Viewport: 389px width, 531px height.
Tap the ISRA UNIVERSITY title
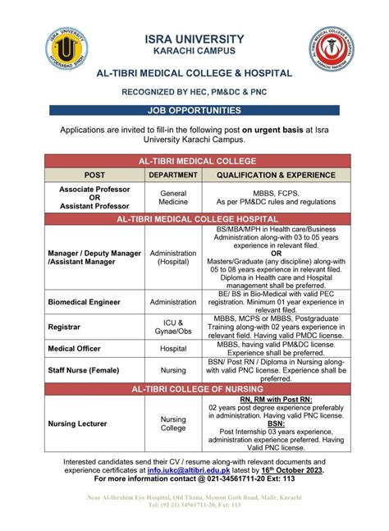[x=194, y=39]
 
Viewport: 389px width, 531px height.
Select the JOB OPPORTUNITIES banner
[x=194, y=110]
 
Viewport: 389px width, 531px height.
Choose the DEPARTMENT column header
[x=173, y=175]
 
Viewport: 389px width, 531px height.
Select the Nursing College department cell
[x=173, y=424]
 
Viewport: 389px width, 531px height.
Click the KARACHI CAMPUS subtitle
[x=194, y=52]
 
